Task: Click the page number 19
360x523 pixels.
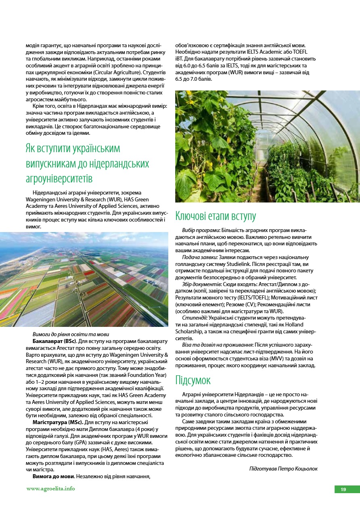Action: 343,490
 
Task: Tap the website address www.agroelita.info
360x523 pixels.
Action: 51,488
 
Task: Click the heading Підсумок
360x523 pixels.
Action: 193,380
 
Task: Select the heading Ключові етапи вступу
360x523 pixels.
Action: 216,216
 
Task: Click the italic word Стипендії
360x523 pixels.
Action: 195,318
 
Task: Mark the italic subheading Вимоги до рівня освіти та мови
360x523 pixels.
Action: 71,334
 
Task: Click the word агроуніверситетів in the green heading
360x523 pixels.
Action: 59,178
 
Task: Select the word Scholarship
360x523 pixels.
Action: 190,331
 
